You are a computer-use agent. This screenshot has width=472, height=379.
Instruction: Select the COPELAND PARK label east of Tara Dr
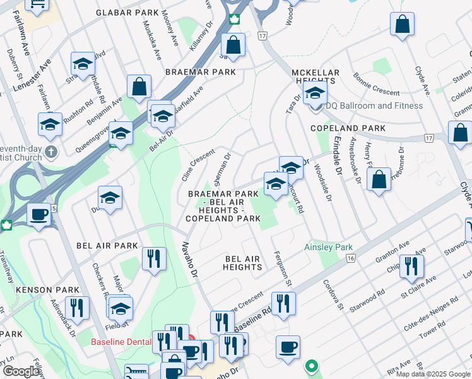point(348,128)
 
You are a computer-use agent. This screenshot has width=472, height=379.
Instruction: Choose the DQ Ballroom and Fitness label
point(374,105)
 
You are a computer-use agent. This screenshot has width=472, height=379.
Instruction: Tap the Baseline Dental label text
point(121,342)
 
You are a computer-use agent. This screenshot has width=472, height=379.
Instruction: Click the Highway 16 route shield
point(351,258)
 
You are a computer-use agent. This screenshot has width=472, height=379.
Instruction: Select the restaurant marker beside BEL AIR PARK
point(154,258)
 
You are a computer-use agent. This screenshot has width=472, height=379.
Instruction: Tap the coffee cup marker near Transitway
point(39,215)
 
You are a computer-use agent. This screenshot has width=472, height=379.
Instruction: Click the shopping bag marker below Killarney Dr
point(233,45)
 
